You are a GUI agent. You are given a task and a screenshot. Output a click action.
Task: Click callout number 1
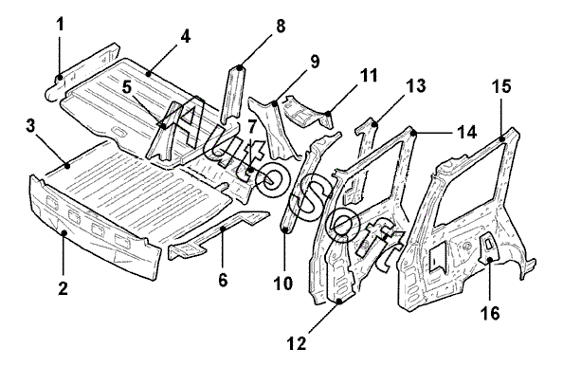pos(61,25)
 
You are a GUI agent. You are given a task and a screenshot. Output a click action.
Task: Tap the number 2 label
pos(63,287)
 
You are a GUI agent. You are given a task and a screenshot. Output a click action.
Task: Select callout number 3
pos(31,127)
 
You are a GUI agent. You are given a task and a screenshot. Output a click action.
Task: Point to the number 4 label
pos(185,37)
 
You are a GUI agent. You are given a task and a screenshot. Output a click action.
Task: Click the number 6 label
pos(223,280)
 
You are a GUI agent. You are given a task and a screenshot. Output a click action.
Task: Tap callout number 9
pos(314,62)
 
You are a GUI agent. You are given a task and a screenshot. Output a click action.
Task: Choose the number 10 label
pos(283,283)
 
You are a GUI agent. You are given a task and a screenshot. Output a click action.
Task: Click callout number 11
pos(369,76)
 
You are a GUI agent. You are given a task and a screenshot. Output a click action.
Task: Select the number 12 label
pos(298,343)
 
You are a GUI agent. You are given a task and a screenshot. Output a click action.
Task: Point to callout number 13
pos(416,86)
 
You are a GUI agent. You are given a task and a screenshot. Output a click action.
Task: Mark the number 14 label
pos(466,132)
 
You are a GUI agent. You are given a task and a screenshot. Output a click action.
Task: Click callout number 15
pos(501,86)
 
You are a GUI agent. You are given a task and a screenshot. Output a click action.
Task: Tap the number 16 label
pos(490,312)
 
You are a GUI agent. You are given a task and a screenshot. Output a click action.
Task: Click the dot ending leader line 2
pos(64,233)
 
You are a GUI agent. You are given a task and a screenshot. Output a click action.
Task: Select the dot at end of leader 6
pos(223,229)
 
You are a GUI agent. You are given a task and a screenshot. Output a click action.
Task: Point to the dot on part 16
pos(490,259)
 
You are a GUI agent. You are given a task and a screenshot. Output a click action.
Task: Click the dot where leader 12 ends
pos(339,301)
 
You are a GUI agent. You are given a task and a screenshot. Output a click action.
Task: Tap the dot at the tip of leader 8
pos(240,67)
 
